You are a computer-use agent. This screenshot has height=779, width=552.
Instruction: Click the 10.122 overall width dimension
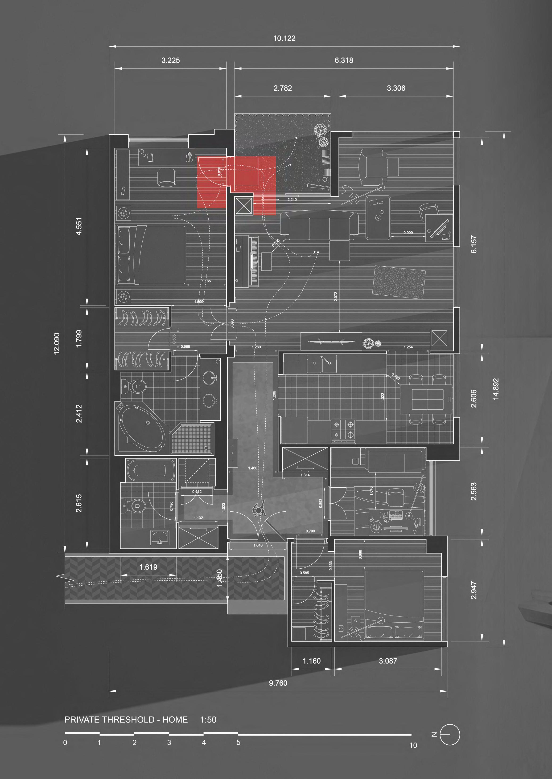(284, 38)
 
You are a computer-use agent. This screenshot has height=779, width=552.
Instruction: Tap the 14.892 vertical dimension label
(496, 389)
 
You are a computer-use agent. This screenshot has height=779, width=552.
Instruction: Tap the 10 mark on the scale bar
(413, 745)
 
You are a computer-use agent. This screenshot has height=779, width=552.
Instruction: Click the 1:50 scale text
(208, 720)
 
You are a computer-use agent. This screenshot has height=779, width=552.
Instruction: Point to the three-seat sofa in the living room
(319, 224)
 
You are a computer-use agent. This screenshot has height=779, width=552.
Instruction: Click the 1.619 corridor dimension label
(148, 567)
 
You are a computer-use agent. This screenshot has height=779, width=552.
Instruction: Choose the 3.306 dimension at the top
(396, 88)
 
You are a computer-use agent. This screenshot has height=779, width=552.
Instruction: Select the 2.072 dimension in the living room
(336, 296)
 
